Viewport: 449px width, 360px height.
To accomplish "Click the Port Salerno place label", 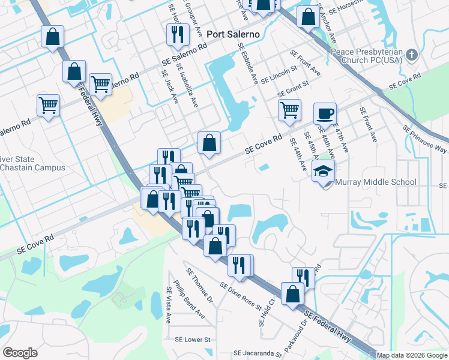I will point(233,34).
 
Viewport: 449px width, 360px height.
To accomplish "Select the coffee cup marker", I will point(325,113).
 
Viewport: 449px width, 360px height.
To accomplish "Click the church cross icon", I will point(411,56).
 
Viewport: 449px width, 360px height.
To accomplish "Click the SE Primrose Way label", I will point(426,139).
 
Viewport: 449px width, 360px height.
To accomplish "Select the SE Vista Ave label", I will point(169,304).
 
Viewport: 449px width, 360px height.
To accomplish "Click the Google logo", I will point(20,353).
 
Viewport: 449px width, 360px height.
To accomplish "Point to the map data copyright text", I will point(412,355).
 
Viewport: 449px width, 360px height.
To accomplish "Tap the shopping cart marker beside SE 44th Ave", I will point(289,110).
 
